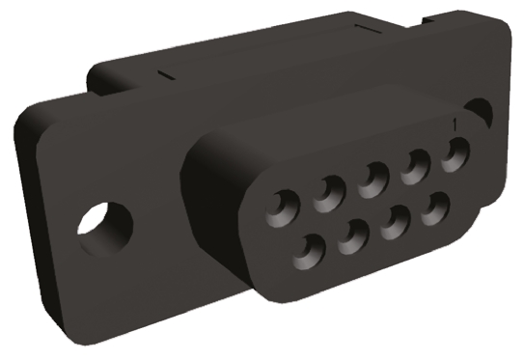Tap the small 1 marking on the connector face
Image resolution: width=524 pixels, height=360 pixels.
pos(455,125)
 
